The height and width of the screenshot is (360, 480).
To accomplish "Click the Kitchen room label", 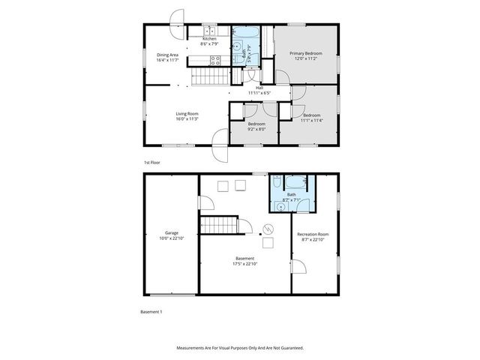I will point(208,39).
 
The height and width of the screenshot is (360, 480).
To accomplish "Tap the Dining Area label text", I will point(167,55).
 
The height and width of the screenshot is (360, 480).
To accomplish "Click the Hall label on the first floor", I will point(259,88).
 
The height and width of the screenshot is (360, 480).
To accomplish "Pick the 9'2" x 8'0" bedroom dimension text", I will point(256,128).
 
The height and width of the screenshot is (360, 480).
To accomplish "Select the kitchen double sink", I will point(211,30).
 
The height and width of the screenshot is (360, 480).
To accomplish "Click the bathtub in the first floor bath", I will point(247,32).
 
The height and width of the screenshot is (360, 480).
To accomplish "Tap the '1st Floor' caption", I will point(152,162).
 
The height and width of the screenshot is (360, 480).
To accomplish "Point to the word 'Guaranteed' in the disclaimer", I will point(289,348).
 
